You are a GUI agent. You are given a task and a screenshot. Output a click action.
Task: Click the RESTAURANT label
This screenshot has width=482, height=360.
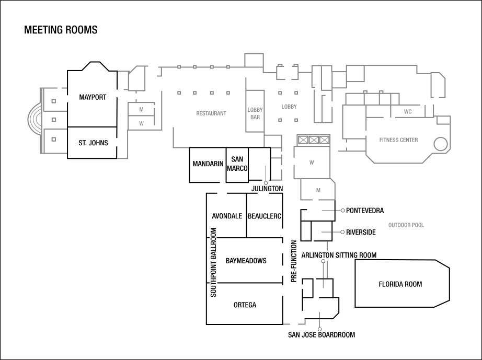pos(211,113)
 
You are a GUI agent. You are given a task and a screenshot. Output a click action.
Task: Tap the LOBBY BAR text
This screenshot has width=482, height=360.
pos(255,113)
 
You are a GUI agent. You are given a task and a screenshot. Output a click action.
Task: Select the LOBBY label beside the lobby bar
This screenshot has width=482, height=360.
pos(289,107)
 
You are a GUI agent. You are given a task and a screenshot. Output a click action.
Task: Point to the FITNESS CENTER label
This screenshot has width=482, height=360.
pos(398,140)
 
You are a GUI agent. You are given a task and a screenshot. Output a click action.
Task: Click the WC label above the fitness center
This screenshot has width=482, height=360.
pos(408,112)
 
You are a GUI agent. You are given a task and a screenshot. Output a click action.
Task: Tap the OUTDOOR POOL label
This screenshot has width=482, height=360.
pos(406,225)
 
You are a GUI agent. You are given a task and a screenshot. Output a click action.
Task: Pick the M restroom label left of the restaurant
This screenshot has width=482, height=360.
pos(141,110)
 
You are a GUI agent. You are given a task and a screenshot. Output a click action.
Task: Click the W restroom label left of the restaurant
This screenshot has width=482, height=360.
pos(141,124)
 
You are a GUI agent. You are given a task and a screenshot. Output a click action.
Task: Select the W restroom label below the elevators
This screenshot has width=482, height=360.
pos(312,162)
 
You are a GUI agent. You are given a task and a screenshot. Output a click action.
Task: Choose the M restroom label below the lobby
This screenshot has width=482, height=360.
pos(318,191)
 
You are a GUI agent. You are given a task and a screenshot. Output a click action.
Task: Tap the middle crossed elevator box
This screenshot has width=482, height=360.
pos(314,140)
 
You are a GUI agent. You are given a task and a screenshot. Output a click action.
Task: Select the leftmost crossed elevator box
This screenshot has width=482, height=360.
pos(303,140)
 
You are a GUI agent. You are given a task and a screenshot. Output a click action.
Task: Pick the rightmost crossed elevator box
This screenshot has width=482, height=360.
pos(325,140)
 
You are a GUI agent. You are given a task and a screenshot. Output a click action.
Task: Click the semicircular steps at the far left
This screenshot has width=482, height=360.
pos(34,120)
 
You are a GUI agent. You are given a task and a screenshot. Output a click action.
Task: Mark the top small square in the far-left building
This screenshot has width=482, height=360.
pos(53,101)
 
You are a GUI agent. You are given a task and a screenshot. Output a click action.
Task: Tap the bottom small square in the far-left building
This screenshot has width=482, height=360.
pos(53,140)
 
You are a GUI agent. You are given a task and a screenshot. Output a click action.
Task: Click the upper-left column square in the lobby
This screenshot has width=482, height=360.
pos(280,93)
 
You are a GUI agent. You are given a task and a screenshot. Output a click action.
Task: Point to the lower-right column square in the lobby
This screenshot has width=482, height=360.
pos(296,120)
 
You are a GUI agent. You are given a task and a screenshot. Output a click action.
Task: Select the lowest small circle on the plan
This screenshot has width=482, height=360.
pos(319,329)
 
